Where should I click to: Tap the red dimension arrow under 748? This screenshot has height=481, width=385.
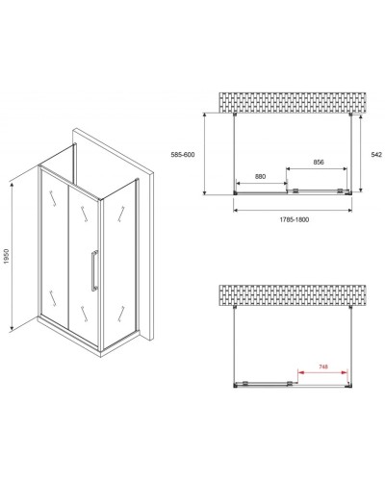pyautogui.click(x=321, y=373)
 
